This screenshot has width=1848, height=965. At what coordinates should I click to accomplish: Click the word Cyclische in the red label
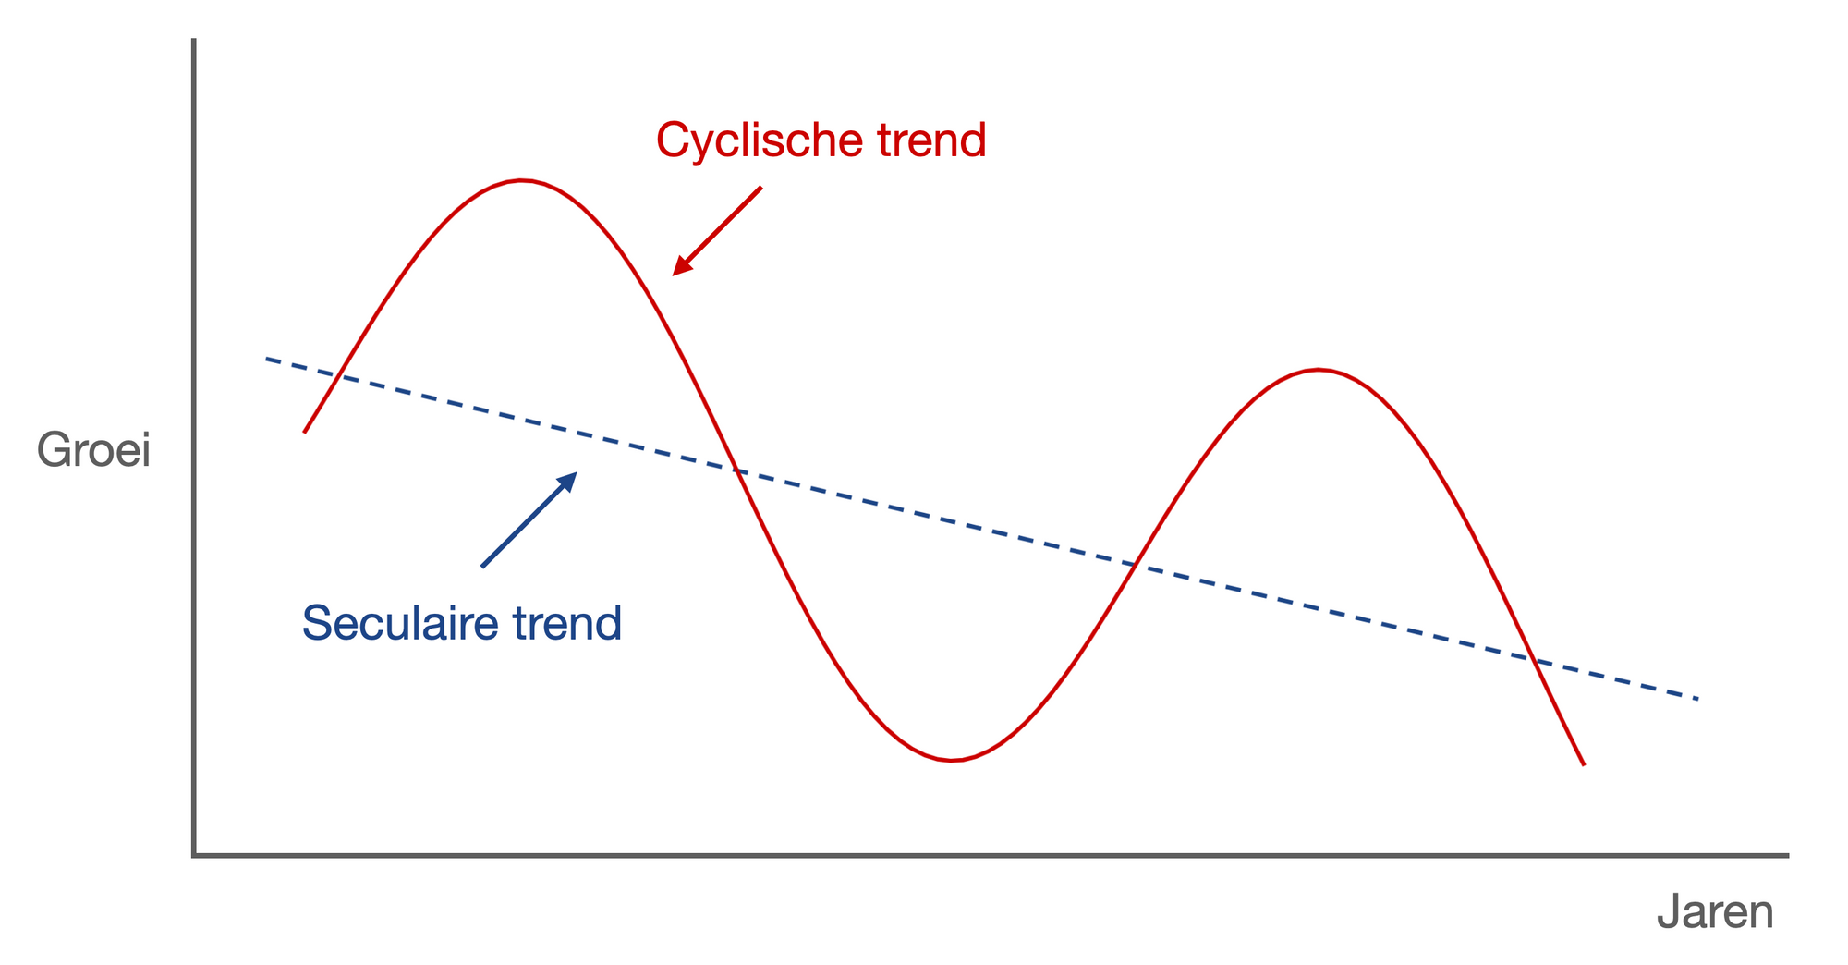coord(759,141)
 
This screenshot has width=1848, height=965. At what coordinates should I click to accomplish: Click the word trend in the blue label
coord(567,624)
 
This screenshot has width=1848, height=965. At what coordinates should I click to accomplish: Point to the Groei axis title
coord(93,452)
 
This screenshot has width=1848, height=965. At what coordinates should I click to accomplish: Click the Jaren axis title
coord(1715,913)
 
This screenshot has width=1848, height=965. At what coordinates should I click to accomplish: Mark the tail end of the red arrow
coord(761,188)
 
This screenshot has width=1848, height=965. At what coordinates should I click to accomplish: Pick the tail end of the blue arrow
coord(482,567)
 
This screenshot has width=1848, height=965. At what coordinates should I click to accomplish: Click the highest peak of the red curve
coord(522,180)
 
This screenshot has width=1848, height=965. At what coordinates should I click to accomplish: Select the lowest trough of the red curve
coord(952,760)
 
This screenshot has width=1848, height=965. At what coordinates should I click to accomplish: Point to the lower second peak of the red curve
coord(1319,370)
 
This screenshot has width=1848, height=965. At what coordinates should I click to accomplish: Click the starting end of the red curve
coord(305,432)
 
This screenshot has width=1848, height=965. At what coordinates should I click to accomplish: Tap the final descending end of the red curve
coord(1584,764)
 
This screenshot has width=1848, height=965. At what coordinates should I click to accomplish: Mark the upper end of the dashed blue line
coord(266,359)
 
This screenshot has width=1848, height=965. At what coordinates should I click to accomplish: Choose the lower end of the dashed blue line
coord(1698,699)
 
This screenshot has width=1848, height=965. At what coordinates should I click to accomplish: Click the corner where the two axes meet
coord(194,855)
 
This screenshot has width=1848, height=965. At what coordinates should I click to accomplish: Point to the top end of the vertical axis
coord(194,40)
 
